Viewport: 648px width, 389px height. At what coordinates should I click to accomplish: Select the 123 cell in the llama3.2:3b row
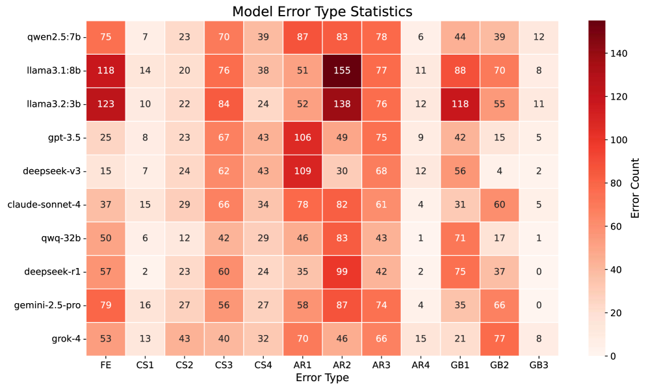click(x=106, y=104)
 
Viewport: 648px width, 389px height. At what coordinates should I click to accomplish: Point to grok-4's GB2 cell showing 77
click(x=499, y=339)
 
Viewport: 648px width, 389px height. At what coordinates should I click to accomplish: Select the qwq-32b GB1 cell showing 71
click(x=460, y=238)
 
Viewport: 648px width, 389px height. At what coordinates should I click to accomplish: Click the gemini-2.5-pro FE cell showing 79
click(x=106, y=306)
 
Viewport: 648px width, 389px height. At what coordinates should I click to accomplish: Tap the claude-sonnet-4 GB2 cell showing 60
click(x=499, y=205)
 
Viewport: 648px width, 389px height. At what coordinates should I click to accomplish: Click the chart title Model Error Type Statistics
click(x=322, y=11)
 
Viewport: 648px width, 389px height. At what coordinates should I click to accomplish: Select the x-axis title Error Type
click(x=322, y=378)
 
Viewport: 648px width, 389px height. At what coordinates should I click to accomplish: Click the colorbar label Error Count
click(x=635, y=188)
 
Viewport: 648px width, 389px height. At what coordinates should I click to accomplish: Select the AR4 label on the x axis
click(x=421, y=366)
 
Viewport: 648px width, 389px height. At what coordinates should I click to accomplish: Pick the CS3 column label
click(x=224, y=366)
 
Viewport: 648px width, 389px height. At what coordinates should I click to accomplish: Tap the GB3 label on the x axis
click(x=538, y=366)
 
